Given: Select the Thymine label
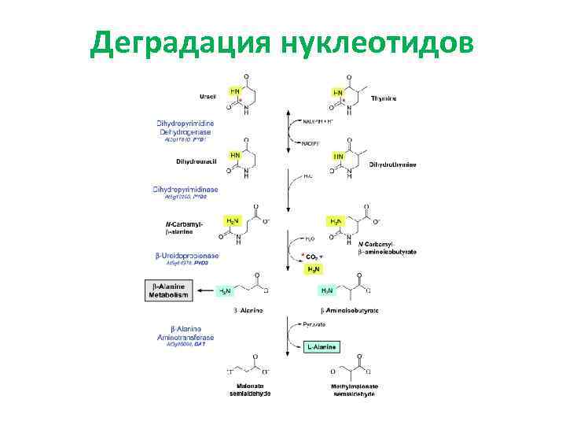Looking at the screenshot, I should point(384,98).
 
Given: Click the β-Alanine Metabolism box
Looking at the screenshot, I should point(169,290).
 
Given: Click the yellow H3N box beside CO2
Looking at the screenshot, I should point(313,269).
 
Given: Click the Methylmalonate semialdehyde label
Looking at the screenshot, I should point(355,389).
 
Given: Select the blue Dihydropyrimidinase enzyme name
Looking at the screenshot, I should point(186,190).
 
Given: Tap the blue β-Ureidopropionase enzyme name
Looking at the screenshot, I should point(187,256).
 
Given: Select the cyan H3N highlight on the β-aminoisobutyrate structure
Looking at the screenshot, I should point(326,290).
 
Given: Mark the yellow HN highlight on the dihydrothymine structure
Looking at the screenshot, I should point(338,157).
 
